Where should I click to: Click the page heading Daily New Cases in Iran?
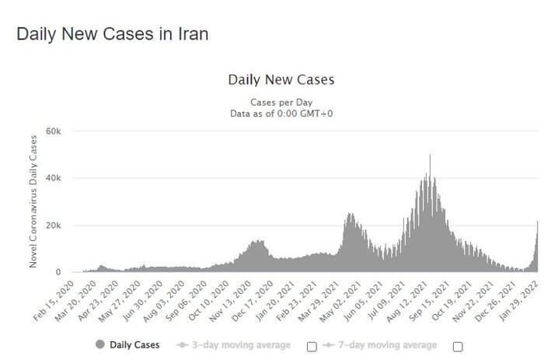[113, 35]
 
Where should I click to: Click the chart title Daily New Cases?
[281, 80]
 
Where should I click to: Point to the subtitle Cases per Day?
[281, 103]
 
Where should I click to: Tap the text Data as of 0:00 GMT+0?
[281, 114]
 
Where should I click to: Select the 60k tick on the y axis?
[51, 131]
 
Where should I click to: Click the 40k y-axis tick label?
[51, 178]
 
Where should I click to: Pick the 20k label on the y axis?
[51, 225]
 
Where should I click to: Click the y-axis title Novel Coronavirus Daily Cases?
[33, 201]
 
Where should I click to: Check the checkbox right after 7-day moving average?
[457, 345]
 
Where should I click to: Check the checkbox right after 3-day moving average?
[312, 345]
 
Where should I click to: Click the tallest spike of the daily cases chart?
[430, 156]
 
